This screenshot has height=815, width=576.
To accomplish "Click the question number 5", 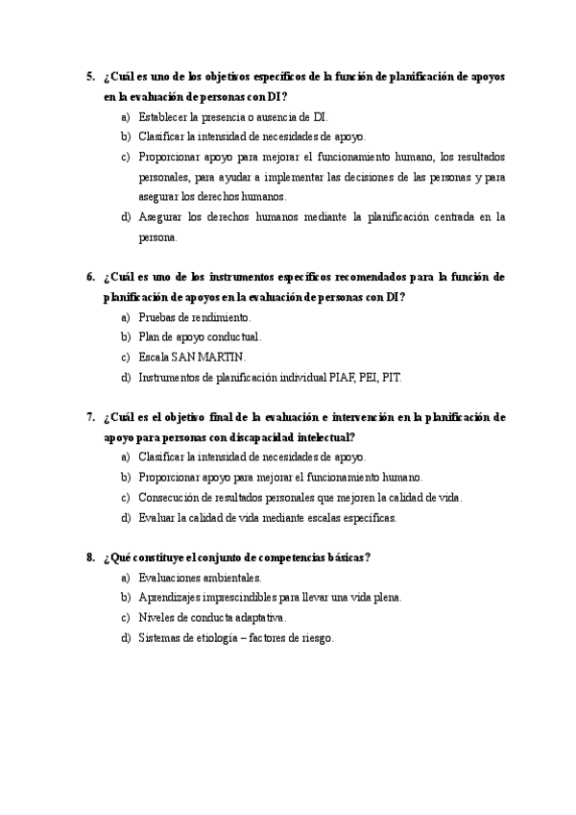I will coord(89,76).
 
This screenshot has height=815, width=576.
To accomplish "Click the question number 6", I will coord(89,277).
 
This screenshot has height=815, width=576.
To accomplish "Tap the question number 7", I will coord(89,417).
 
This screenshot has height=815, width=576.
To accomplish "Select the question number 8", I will coord(89,557).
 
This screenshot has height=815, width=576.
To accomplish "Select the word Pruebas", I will coord(158,317).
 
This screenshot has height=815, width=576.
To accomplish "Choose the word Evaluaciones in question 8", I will coord(170,578).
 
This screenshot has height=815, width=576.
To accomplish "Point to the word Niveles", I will coord(156,618).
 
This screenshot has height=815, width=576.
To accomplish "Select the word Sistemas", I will coord(159,638).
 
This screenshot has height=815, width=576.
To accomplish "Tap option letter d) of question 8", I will coord(126,638).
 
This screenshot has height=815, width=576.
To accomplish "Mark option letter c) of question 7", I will coord(126,498).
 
